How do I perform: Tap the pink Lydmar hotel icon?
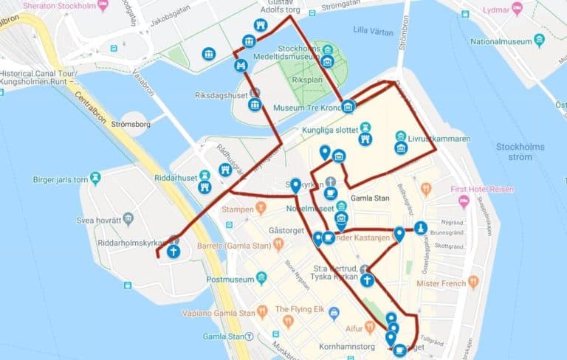(x=517, y=8)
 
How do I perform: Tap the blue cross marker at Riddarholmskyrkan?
(x=173, y=251)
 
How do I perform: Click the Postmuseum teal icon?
(x=261, y=279)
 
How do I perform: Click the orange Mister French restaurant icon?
(x=473, y=282)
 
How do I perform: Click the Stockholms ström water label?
(x=520, y=152)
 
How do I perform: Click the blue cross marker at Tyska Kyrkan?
(x=367, y=280)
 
